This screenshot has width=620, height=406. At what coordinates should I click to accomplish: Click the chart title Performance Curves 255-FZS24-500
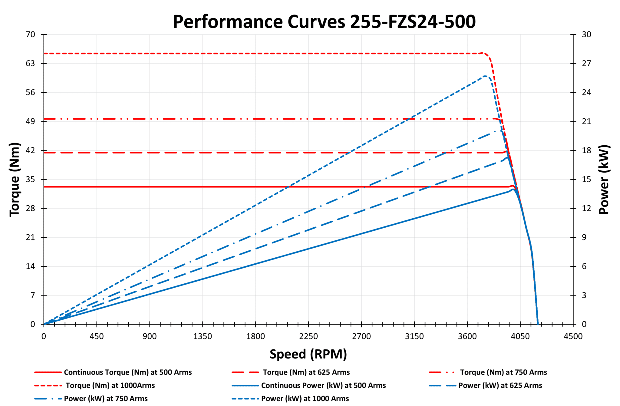[324, 22]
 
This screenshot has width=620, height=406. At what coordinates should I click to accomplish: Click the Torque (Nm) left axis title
[15, 179]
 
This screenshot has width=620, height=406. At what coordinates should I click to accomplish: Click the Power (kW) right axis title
[604, 179]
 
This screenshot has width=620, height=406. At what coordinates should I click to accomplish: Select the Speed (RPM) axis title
[308, 354]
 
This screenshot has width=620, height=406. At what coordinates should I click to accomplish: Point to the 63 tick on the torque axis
[30, 63]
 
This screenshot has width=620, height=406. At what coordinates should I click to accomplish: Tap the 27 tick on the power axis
[586, 63]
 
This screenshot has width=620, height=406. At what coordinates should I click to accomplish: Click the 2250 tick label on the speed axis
[308, 336]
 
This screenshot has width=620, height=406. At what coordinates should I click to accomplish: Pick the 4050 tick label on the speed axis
[520, 336]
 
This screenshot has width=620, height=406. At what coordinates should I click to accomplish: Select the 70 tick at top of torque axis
[30, 35]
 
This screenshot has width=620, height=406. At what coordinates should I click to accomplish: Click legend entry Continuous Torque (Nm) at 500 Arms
[127, 372]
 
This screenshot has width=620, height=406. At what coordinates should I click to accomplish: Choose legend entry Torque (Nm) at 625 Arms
[306, 372]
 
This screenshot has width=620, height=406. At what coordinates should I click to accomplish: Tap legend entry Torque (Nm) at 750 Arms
[503, 372]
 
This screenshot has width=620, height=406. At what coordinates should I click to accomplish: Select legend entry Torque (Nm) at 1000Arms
[110, 385]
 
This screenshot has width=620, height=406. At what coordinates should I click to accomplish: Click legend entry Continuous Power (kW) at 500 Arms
[323, 385]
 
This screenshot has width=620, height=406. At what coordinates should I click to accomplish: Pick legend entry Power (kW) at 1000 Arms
[305, 398]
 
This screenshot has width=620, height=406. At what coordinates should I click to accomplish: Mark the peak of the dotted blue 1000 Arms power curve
[485, 76]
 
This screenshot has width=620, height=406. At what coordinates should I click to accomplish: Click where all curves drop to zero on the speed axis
[538, 324]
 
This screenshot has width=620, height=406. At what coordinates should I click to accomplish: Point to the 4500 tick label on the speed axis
[573, 336]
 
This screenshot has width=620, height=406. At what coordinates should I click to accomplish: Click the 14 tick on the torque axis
[30, 266]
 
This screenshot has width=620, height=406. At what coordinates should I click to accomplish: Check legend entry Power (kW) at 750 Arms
[106, 398]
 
